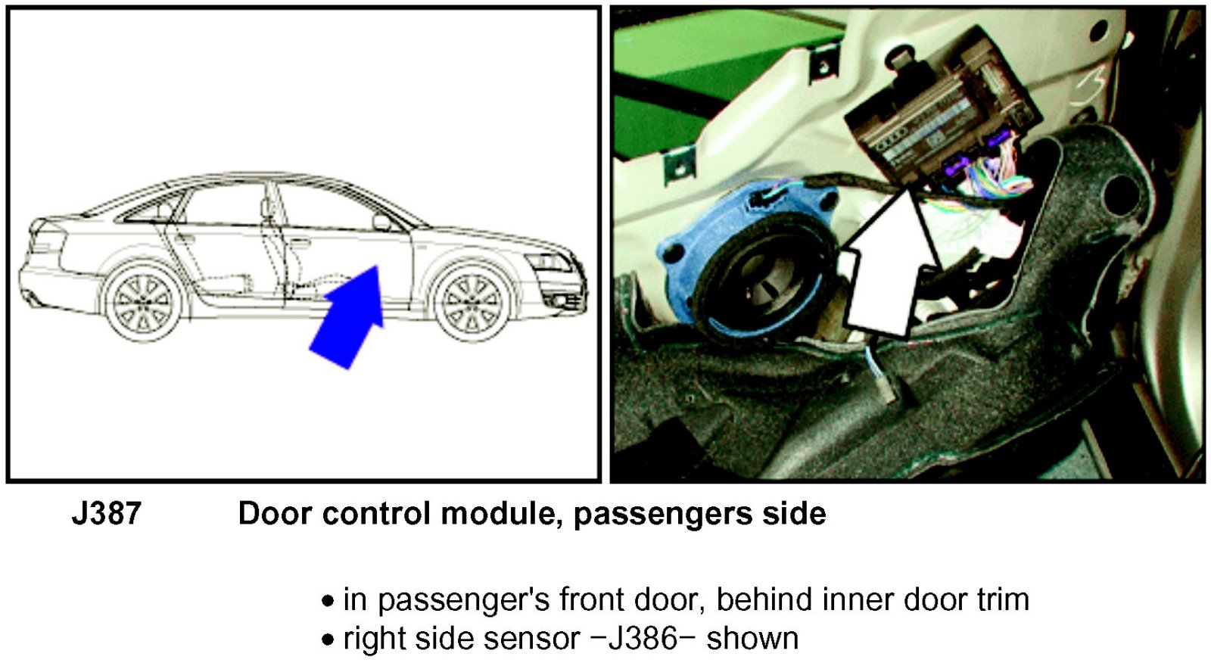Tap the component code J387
(x=107, y=513)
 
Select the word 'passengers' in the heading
(x=663, y=515)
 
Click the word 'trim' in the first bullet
(x=1004, y=599)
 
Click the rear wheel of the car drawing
(x=143, y=303)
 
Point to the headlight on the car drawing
(x=549, y=263)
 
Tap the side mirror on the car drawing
(x=381, y=223)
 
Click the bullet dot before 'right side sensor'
(x=327, y=640)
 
